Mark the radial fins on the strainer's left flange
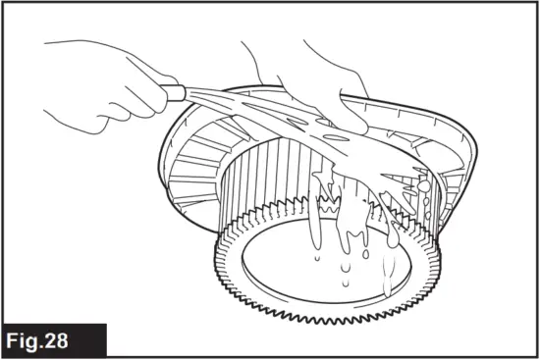pyautogui.click(x=196, y=167)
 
